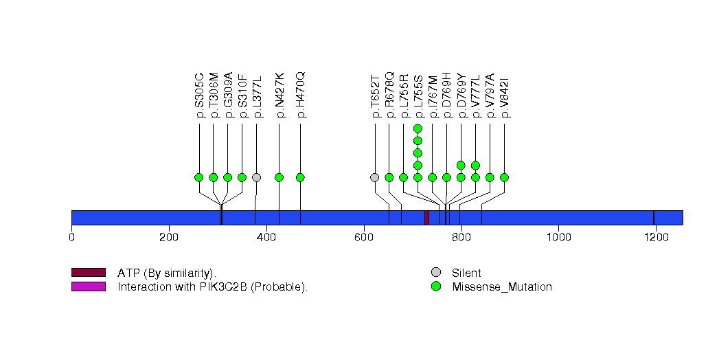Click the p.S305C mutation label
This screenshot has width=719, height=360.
(x=199, y=95)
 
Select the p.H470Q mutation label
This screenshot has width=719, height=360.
(x=300, y=95)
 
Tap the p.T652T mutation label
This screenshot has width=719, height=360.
(x=375, y=95)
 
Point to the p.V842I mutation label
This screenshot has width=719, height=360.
(x=505, y=95)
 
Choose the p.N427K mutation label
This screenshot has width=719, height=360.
(x=279, y=95)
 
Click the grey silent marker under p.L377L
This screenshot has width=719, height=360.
(x=256, y=177)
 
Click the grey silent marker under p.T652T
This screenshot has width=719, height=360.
(x=374, y=177)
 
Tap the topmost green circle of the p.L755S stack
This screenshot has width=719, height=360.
(x=418, y=128)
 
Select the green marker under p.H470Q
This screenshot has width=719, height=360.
(x=300, y=177)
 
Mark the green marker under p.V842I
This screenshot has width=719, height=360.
(x=504, y=177)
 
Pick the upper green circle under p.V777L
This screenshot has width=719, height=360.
(x=475, y=165)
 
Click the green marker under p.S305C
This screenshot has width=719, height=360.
(x=199, y=177)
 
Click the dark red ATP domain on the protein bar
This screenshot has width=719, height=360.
(x=426, y=217)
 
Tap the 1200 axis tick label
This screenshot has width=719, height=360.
(x=655, y=238)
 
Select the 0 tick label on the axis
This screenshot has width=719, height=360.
(x=71, y=238)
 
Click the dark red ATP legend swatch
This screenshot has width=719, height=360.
(x=88, y=273)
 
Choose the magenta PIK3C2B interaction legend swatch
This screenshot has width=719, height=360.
(x=88, y=286)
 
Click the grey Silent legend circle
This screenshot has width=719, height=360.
(x=435, y=273)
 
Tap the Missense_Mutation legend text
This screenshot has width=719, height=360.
(x=502, y=287)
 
